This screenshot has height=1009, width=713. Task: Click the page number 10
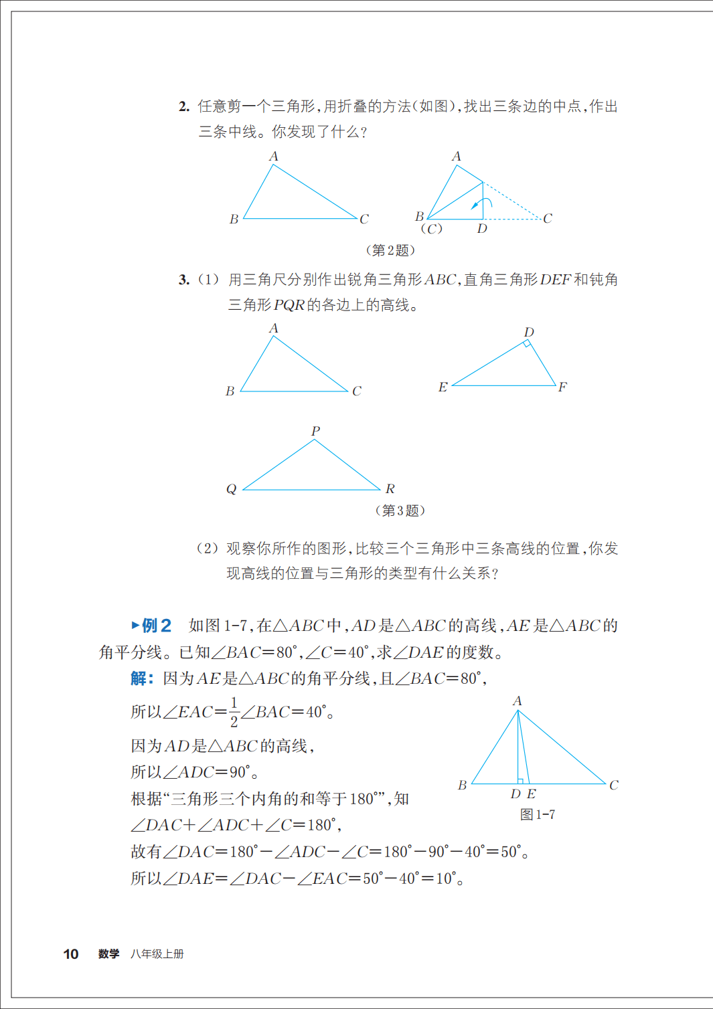tap(70, 954)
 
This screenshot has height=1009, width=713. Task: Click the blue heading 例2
tap(156, 626)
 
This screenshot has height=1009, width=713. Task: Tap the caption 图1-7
tap(537, 814)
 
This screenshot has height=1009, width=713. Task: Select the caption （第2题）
tap(390, 250)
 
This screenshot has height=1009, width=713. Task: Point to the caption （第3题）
tap(400, 511)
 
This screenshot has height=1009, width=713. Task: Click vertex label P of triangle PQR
tap(315, 431)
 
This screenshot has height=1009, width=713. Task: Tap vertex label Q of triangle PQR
tap(231, 489)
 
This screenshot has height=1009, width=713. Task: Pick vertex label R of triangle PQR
tap(390, 489)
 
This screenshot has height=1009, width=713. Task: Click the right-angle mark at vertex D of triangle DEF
tap(528, 344)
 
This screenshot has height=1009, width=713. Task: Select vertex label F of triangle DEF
tap(562, 387)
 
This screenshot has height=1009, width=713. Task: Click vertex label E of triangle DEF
tap(443, 387)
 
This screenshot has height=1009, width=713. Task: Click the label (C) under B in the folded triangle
tap(431, 229)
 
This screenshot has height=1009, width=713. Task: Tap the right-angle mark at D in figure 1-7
tap(520, 781)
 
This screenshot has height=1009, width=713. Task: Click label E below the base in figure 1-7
tap(532, 794)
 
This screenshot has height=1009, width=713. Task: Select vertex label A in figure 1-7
tap(517, 701)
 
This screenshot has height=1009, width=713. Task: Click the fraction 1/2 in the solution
tap(234, 712)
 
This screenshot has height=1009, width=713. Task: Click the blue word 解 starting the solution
tap(139, 678)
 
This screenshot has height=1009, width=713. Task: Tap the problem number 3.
tap(184, 280)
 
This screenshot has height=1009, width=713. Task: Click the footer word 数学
tap(108, 954)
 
